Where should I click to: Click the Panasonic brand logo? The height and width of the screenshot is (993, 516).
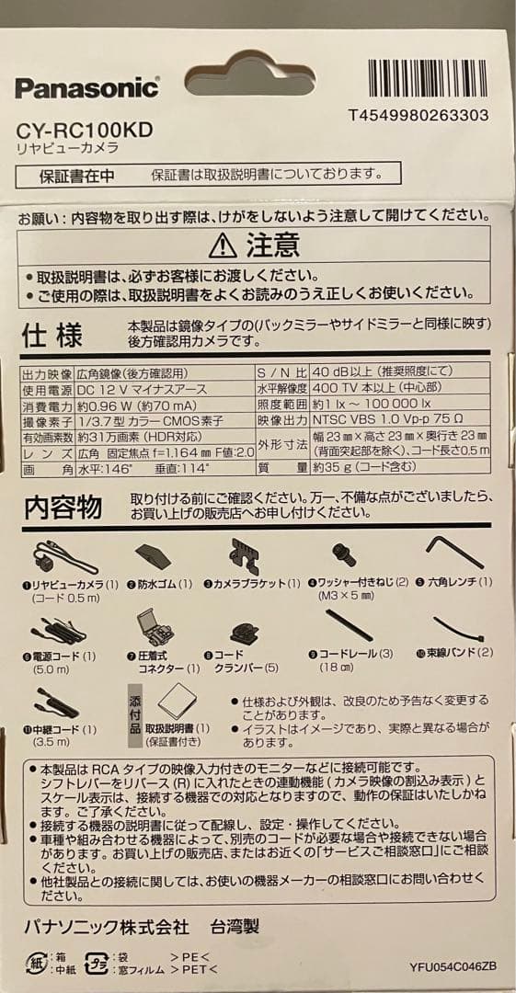click(86, 88)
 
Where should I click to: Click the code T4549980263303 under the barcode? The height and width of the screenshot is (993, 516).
click(419, 115)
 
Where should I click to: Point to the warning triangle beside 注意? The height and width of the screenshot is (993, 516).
click(223, 245)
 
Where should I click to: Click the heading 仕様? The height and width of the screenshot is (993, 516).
click(52, 335)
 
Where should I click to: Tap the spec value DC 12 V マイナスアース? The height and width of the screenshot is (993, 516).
click(141, 390)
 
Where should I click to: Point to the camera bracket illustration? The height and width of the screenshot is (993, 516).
click(244, 556)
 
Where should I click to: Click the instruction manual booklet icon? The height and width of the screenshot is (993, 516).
click(174, 703)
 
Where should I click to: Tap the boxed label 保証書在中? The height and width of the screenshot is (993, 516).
click(76, 175)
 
